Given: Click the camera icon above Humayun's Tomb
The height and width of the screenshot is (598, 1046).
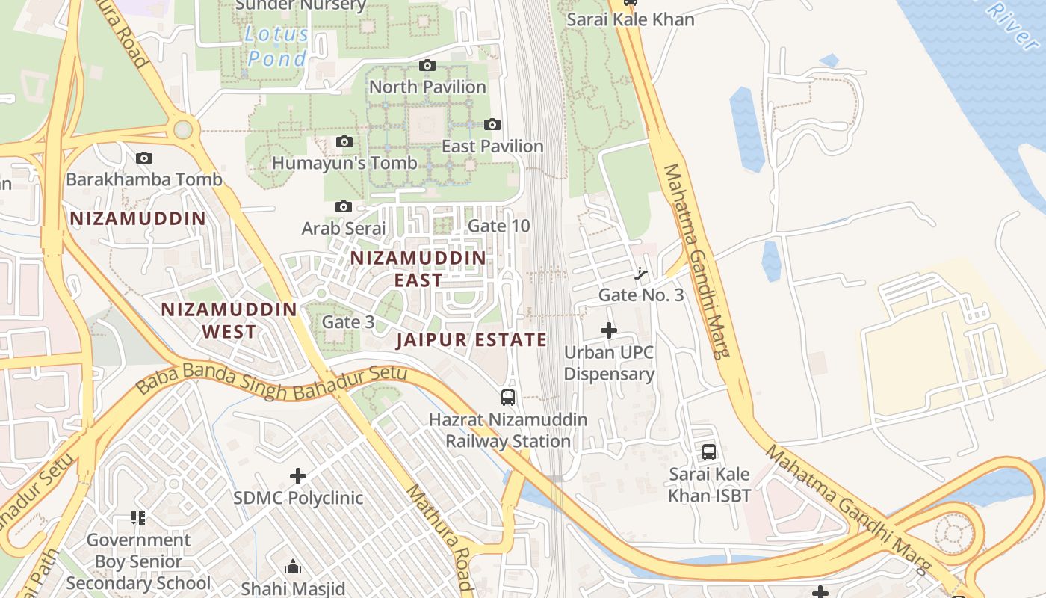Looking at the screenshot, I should coord(344,141).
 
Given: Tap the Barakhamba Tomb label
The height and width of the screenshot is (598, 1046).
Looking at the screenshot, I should coord(144,179).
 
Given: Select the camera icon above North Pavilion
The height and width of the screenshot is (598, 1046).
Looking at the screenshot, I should coord(427,66).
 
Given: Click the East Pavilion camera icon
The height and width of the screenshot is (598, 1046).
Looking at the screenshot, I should coord(492,125).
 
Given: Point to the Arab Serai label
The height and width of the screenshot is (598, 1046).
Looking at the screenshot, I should coord(344,228).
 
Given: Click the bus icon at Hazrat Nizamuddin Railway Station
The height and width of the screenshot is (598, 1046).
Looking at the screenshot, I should coord(508,397).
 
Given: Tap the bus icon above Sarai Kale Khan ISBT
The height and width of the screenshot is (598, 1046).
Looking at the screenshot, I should coord(708,451).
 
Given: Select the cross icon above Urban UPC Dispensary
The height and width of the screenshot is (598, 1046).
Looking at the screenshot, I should coord(609,330).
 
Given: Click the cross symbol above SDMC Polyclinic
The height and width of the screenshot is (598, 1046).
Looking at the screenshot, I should coord(298,475).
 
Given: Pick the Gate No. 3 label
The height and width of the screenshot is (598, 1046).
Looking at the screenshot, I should coord(641,295).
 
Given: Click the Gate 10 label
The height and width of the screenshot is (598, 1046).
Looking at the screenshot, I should coord(498,226).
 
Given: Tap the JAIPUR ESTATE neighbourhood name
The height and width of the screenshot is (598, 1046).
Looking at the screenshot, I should coord(471,340).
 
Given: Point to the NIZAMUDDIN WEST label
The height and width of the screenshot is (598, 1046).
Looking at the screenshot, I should coord(229,320).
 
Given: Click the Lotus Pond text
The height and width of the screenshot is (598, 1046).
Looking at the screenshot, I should coord(276,46).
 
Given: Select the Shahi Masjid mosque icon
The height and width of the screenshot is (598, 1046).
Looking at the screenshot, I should coord(293,567).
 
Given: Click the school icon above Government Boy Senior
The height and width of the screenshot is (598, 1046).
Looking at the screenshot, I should coord(137,517).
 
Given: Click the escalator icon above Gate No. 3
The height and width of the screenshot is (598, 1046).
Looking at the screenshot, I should coord(640,274).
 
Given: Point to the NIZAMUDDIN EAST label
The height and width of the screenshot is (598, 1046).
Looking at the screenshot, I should coord(418,268).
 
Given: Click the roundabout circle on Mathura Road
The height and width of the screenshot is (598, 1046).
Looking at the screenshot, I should coord(183,129).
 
